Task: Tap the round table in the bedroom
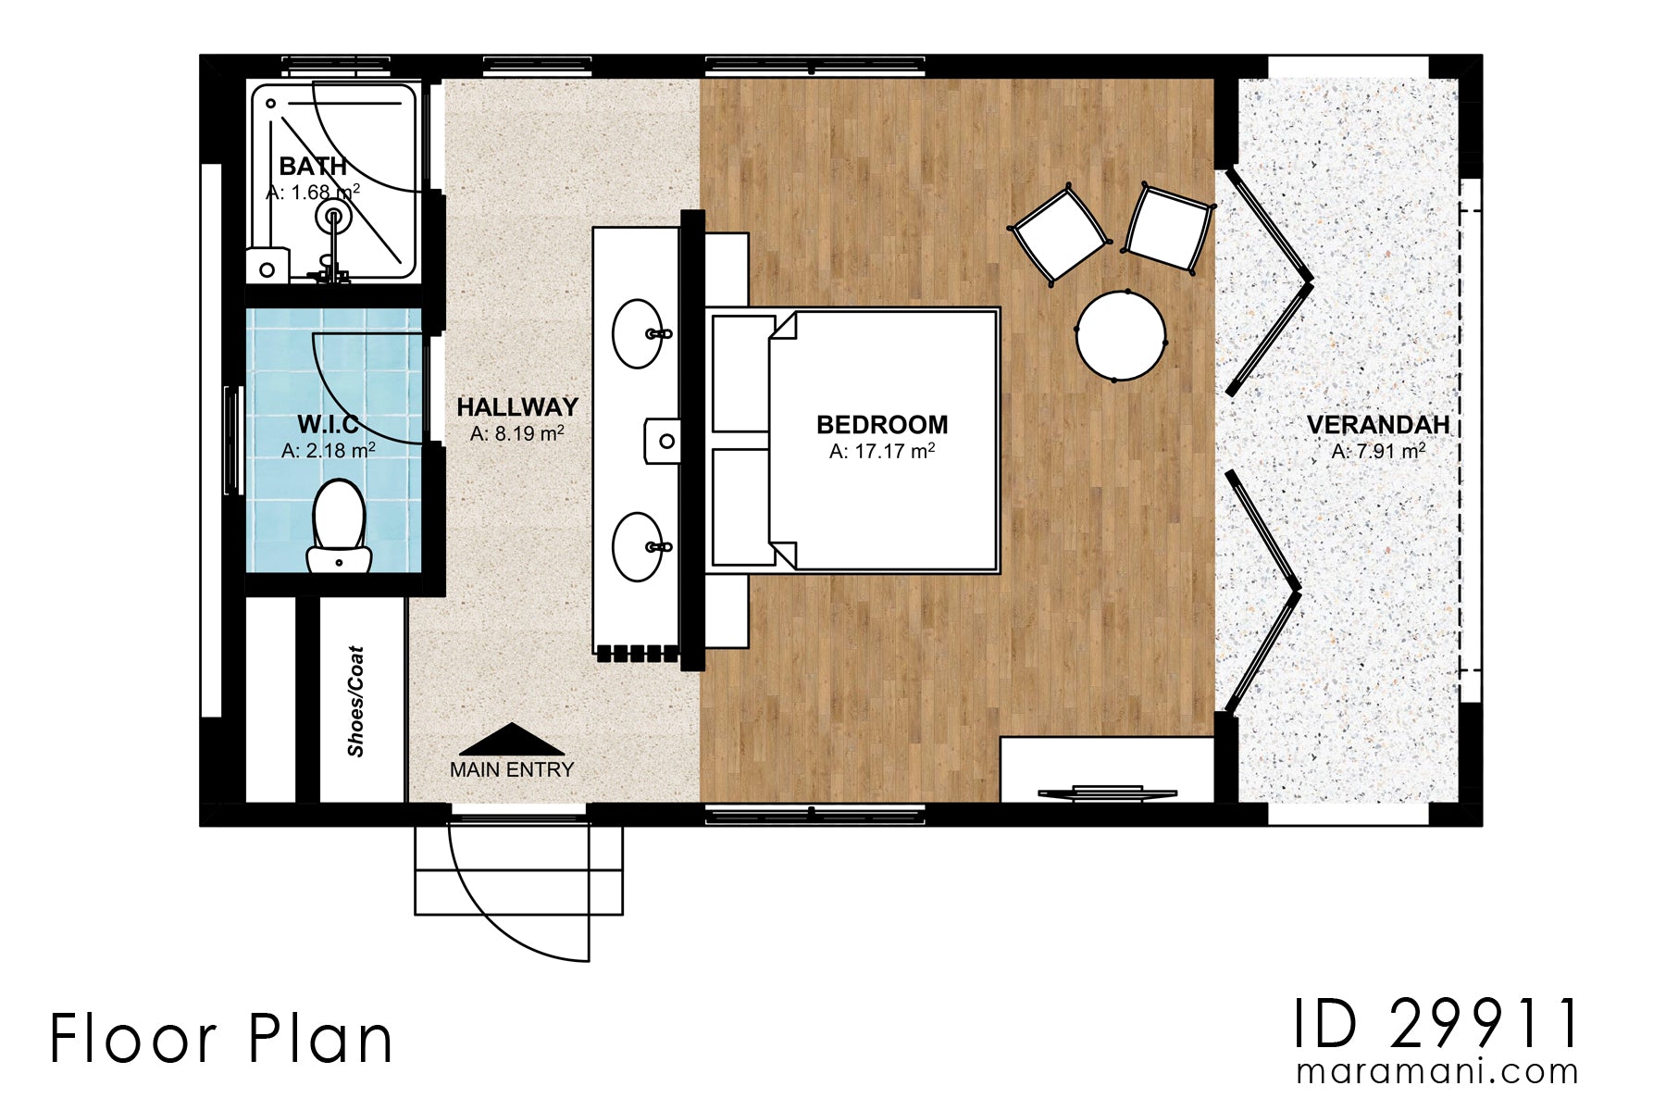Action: [1120, 335]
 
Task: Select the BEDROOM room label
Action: [881, 425]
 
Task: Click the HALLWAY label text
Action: [516, 407]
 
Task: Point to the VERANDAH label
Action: [1377, 425]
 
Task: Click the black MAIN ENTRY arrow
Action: [511, 740]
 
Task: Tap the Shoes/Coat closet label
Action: [356, 701]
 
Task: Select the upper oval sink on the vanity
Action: [638, 333]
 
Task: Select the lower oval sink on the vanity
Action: [638, 546]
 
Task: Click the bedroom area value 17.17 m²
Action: [881, 452]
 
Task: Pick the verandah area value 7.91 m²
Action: [1377, 452]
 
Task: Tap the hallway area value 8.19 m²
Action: [516, 433]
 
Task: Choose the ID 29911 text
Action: [1436, 1025]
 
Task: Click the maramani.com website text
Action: [1436, 1072]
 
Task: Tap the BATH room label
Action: [313, 167]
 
